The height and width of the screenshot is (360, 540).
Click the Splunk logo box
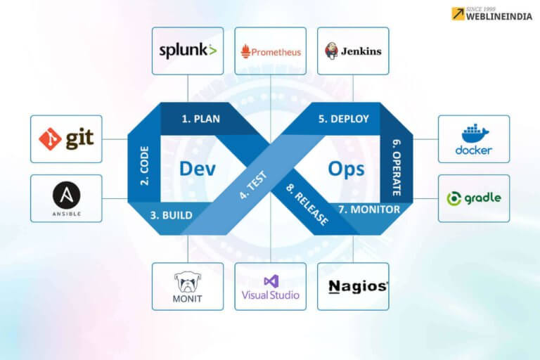pos(188,51)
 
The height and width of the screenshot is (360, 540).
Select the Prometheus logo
pos(270,51)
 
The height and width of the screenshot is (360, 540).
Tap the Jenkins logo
pos(353,51)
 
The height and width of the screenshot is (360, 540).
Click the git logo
pos(66,139)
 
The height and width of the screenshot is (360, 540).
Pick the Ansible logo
pos(66,198)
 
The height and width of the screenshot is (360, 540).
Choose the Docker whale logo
pos(474,139)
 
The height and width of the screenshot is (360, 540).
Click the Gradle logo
pos(474,198)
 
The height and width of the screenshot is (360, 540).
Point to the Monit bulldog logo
pos(188,286)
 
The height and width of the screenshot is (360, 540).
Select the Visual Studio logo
pos(270,287)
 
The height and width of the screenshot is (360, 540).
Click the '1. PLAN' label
pos(200,119)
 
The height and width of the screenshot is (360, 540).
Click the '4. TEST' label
pos(252,185)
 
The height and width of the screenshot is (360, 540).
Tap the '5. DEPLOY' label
pos(343,119)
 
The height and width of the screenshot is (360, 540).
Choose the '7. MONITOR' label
pos(369,210)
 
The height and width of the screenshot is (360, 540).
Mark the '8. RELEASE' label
pos(307,205)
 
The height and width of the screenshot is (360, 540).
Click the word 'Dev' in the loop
pos(197,169)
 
